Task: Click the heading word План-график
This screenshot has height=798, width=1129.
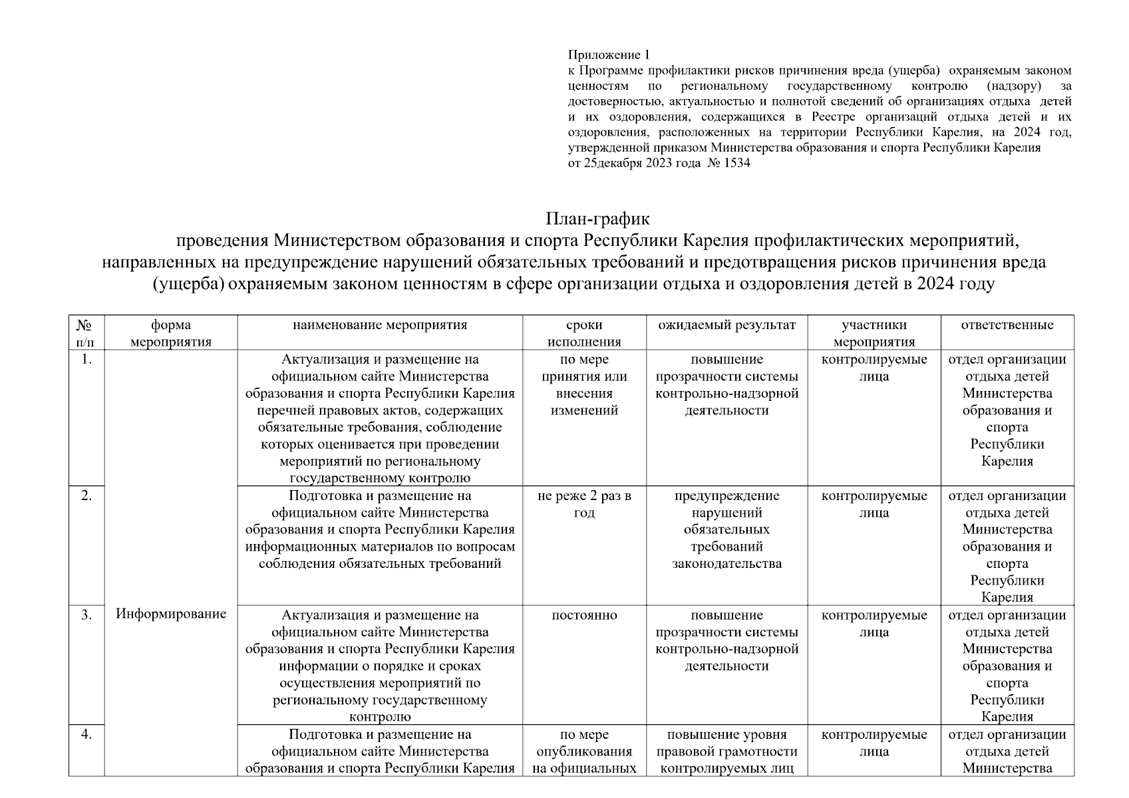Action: tap(597, 218)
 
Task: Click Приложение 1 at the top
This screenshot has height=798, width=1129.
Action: tap(608, 55)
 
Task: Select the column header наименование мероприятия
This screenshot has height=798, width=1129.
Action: tap(380, 325)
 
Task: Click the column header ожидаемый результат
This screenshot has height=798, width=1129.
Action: tap(726, 325)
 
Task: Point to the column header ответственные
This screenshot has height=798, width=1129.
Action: tap(1007, 325)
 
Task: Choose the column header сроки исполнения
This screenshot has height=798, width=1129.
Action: tap(583, 333)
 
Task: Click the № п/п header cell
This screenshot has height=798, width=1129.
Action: tap(86, 332)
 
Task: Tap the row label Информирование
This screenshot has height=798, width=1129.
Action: tap(171, 614)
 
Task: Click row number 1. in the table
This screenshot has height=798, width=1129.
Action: tap(86, 360)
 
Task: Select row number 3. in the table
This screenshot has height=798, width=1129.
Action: tap(86, 615)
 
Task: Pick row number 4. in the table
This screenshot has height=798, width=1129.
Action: tap(86, 735)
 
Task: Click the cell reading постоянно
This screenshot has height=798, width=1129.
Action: tap(583, 615)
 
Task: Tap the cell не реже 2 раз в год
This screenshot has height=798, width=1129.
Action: tap(583, 504)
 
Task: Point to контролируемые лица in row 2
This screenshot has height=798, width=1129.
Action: tap(874, 504)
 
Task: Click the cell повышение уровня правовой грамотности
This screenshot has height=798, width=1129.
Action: tap(726, 751)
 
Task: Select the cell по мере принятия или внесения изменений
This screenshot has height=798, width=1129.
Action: tap(583, 385)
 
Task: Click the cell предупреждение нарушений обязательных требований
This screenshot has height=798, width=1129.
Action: tap(726, 529)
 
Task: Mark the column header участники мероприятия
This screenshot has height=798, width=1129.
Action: tap(874, 333)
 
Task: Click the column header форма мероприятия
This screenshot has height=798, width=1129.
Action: tap(171, 333)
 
